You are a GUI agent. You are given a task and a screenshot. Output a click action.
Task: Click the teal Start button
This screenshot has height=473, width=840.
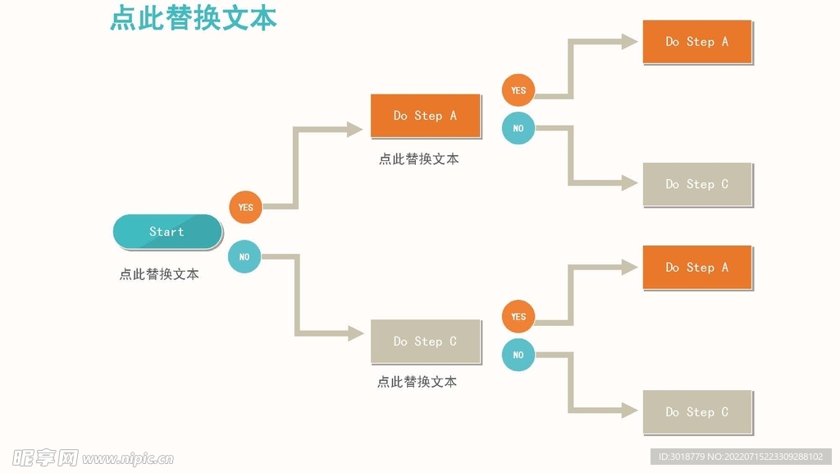(167, 232)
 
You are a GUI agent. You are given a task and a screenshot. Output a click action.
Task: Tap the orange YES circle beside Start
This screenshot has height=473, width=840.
(245, 207)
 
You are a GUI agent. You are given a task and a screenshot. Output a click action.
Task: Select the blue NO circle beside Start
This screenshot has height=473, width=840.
(244, 257)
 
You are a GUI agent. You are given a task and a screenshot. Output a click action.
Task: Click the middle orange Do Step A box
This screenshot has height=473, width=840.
(425, 116)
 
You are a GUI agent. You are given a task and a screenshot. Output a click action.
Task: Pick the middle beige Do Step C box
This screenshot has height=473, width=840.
(425, 341)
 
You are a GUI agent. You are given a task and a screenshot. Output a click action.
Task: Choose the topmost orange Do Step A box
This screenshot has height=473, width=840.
(696, 42)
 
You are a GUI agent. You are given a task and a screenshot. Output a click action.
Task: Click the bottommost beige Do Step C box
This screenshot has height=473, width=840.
(696, 411)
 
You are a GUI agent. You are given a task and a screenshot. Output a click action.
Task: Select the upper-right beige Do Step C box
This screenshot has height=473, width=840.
(696, 185)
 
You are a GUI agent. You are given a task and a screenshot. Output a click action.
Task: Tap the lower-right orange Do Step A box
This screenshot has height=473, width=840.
(696, 267)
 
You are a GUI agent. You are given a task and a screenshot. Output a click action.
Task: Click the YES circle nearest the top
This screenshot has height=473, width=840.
(518, 90)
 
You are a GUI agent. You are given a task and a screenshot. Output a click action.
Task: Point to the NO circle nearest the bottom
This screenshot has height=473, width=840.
(518, 355)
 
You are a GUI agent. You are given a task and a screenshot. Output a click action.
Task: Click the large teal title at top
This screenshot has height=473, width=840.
(193, 18)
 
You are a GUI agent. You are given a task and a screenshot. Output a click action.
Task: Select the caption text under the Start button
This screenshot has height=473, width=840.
(159, 274)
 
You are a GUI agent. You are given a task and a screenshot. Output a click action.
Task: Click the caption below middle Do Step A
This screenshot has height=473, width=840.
(418, 159)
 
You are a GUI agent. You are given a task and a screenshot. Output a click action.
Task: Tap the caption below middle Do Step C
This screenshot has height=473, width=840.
(417, 382)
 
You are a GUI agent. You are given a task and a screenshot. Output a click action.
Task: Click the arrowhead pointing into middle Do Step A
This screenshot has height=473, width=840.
(354, 129)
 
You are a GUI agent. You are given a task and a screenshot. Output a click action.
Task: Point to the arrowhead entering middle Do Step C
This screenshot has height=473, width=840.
(355, 333)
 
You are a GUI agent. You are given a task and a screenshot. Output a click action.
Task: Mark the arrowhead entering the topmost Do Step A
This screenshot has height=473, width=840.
(629, 42)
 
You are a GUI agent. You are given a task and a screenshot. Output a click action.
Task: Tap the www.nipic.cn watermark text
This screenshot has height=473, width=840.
(127, 458)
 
